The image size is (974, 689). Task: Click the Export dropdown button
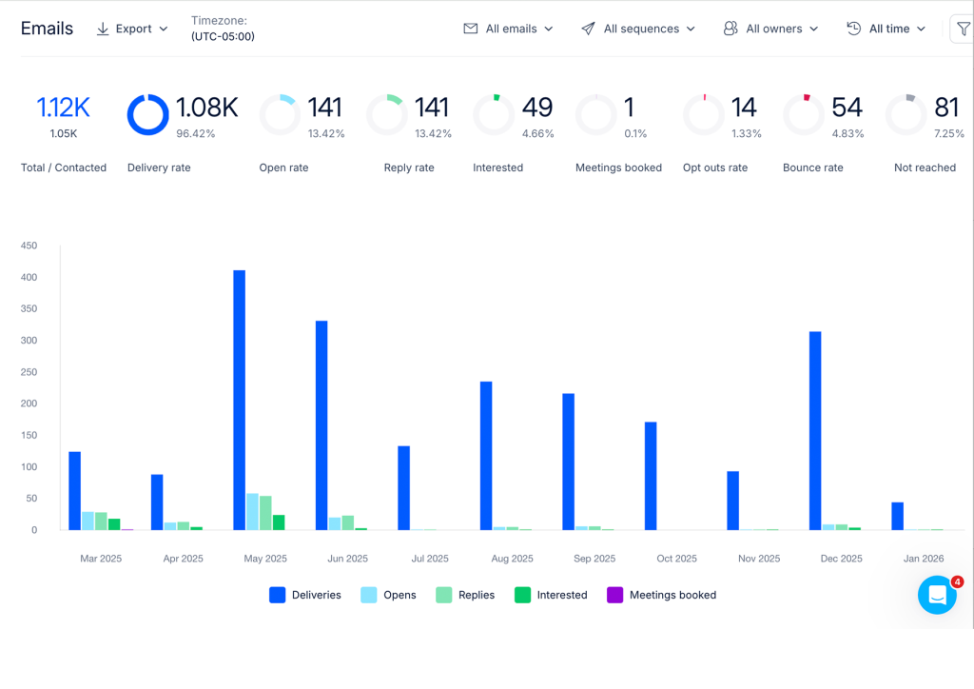[x=132, y=29]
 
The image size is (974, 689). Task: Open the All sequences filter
[x=638, y=29]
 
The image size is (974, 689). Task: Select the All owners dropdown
[x=770, y=29]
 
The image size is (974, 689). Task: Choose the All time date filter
[x=886, y=29]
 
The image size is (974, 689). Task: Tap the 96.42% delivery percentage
[x=196, y=133]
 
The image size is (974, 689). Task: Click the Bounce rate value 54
[x=847, y=108]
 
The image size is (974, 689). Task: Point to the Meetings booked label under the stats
[x=618, y=167]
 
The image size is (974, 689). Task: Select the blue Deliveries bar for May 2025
[x=239, y=400]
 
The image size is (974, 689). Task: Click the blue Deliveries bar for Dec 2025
[x=815, y=430]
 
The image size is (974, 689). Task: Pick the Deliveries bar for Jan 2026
[x=897, y=517]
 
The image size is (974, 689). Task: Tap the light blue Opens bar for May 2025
[x=252, y=512]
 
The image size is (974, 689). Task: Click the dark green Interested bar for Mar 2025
[x=114, y=524]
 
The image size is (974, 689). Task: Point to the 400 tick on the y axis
[x=29, y=277]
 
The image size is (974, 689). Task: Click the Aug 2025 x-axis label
[x=512, y=559]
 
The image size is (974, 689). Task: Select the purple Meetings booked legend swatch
[x=614, y=595]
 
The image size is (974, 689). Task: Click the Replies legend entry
[x=465, y=595]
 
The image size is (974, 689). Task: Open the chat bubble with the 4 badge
[x=937, y=595]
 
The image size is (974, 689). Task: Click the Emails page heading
[x=48, y=29]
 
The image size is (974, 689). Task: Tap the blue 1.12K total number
[x=64, y=108]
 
